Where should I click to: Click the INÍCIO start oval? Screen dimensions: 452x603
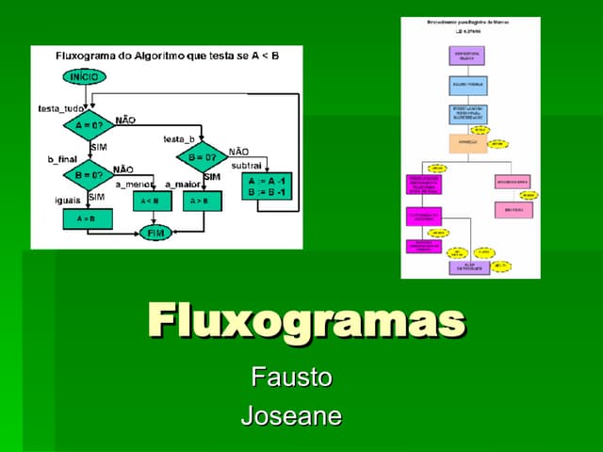[85, 76]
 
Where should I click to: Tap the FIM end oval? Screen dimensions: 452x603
[156, 232]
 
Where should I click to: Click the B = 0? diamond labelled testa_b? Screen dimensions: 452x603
[201, 155]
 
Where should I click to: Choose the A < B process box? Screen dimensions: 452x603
[150, 201]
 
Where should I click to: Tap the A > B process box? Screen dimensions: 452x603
[200, 201]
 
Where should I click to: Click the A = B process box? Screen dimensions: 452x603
[87, 218]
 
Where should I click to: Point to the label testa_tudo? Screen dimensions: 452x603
[61, 108]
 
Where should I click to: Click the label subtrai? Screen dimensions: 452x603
[247, 165]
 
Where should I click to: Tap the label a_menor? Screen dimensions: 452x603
[135, 185]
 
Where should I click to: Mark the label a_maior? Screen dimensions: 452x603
[183, 185]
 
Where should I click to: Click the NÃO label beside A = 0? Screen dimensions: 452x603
[124, 121]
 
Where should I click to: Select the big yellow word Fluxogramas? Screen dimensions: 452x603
[306, 320]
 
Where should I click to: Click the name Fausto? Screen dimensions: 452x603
[291, 379]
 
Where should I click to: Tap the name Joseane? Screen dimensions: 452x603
[291, 415]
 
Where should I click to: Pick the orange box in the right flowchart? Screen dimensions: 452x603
[467, 144]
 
